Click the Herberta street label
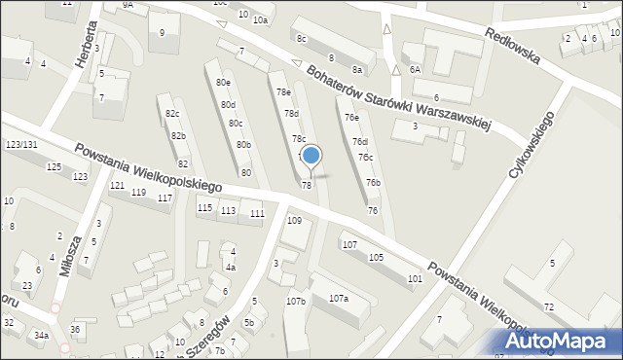click(x=86, y=44)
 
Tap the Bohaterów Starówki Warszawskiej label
click(x=398, y=98)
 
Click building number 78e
click(x=283, y=91)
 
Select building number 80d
click(x=228, y=105)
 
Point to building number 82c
click(x=172, y=115)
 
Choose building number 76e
click(x=351, y=118)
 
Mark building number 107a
click(x=339, y=299)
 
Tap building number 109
click(x=294, y=221)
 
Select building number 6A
click(x=415, y=70)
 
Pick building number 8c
click(x=302, y=39)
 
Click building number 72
click(x=549, y=307)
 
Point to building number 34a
click(x=41, y=336)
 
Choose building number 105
click(x=376, y=257)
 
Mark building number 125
click(x=54, y=167)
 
